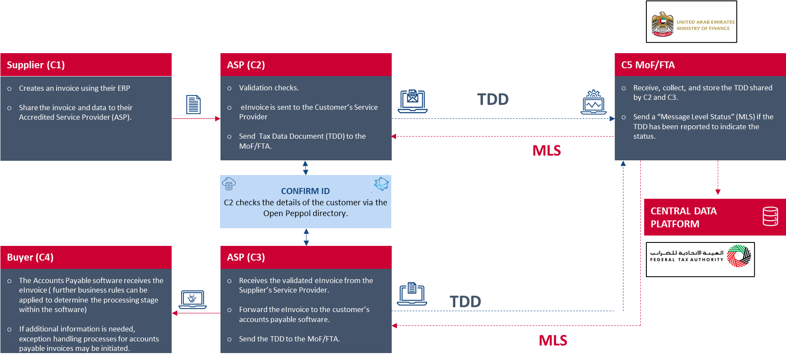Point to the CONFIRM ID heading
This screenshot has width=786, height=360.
(305, 191)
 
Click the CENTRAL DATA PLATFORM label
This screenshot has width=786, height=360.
(684, 217)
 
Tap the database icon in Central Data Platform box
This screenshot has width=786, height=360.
(770, 217)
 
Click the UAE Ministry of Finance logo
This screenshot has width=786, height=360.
(691, 22)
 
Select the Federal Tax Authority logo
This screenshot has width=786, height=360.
(700, 259)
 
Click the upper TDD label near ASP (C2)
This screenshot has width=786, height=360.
(493, 99)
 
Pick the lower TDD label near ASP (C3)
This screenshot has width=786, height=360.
(465, 302)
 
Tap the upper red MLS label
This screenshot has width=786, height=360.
(546, 150)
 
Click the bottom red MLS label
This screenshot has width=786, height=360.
(553, 341)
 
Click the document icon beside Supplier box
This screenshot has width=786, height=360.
(193, 105)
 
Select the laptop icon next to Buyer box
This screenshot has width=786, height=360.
(192, 299)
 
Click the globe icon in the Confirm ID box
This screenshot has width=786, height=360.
(381, 184)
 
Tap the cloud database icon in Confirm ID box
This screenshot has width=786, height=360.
(229, 184)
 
